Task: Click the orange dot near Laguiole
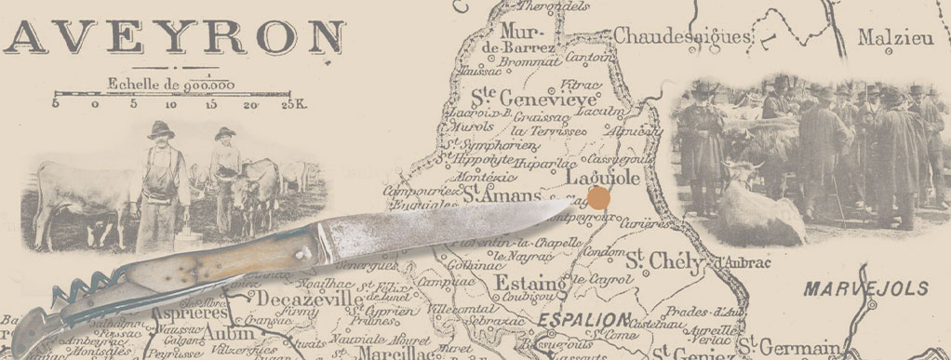599,197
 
